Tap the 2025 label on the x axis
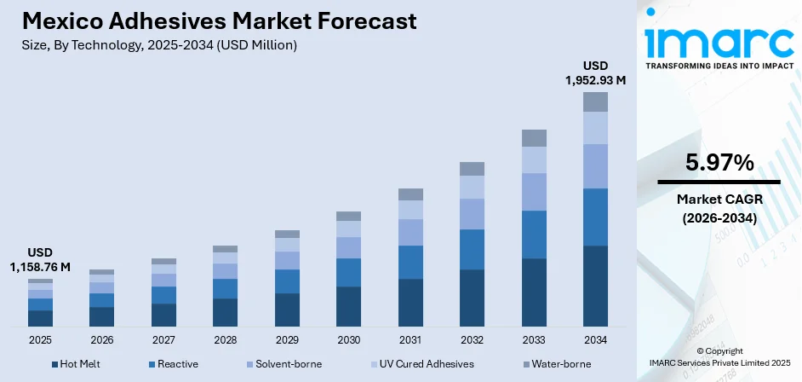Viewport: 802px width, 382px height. pyautogui.click(x=40, y=339)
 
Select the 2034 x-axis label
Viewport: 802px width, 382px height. pyautogui.click(x=595, y=339)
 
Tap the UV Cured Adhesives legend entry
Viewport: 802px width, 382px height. pyautogui.click(x=417, y=364)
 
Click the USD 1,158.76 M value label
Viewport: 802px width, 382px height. pyautogui.click(x=40, y=260)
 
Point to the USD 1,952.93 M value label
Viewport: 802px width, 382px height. pyautogui.click(x=595, y=72)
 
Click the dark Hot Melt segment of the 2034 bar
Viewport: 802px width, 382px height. pyautogui.click(x=595, y=286)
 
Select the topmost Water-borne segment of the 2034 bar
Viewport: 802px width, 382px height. pyautogui.click(x=595, y=101)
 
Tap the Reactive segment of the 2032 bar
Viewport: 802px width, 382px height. pyautogui.click(x=472, y=249)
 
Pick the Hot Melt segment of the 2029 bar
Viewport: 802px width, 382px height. pyautogui.click(x=287, y=310)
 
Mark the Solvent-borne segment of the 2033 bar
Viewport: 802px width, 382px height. pyautogui.click(x=534, y=191)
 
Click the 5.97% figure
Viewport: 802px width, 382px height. pyautogui.click(x=719, y=162)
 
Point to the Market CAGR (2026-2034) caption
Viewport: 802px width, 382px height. pyautogui.click(x=719, y=207)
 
